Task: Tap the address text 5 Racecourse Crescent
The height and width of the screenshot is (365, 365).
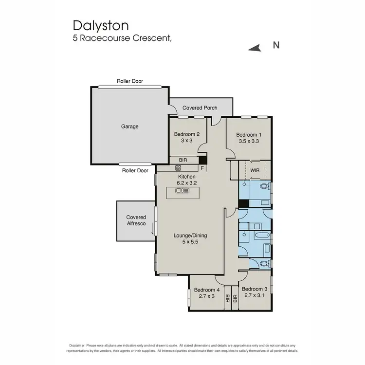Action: tap(122, 38)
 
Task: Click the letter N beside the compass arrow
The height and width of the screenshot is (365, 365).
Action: tap(275, 46)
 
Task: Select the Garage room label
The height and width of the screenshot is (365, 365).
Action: tap(130, 127)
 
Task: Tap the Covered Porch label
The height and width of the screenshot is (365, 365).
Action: tap(200, 108)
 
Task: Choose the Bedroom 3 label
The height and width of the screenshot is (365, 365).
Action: tap(255, 289)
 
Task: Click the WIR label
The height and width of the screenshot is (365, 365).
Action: tap(255, 170)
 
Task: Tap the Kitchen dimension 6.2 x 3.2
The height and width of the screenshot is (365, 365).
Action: tap(187, 183)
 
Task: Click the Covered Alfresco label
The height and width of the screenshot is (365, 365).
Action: tap(136, 220)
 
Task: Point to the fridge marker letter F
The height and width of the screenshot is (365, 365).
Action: tap(202, 168)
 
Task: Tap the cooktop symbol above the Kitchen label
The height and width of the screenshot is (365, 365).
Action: tap(178, 168)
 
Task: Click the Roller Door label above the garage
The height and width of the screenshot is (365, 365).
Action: tap(129, 81)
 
